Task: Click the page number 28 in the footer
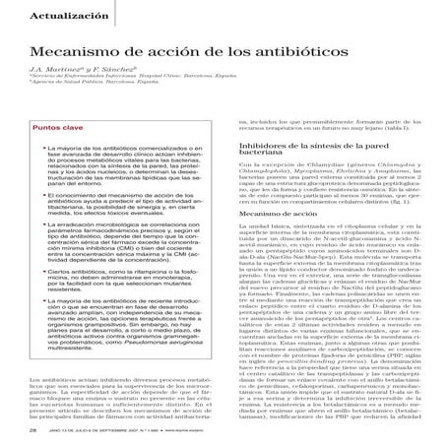[x=33, y=429]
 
